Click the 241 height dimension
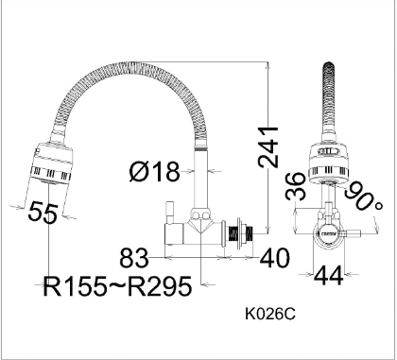pyautogui.click(x=268, y=146)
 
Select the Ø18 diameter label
pyautogui.click(x=154, y=172)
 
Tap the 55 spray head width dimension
pyautogui.click(x=43, y=213)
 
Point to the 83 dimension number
pyautogui.click(x=134, y=258)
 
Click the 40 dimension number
pyautogui.click(x=274, y=258)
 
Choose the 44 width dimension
pyautogui.click(x=329, y=276)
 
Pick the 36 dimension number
pyautogui.click(x=296, y=186)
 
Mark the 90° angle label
pyautogui.click(x=363, y=197)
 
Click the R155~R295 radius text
pyautogui.click(x=117, y=286)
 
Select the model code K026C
pyautogui.click(x=270, y=314)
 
